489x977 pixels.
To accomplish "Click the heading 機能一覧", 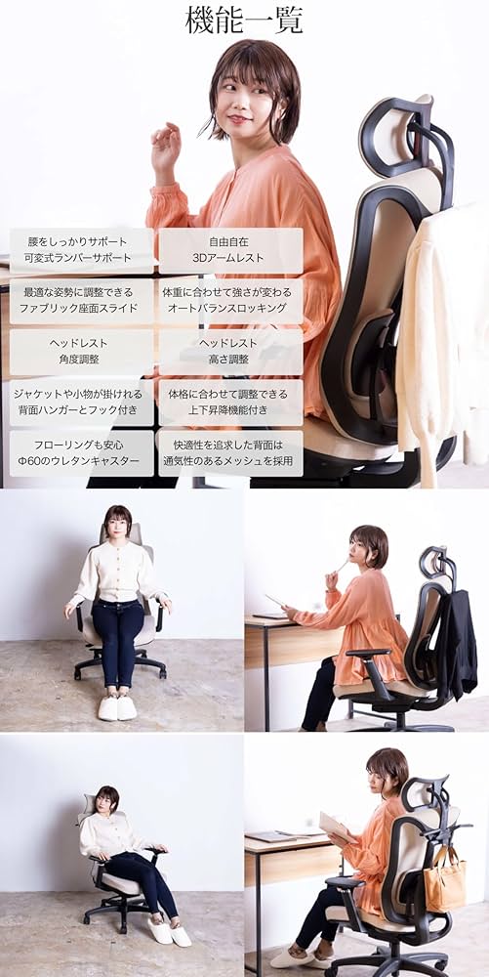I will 244,21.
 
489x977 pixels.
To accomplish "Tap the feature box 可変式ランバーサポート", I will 82,251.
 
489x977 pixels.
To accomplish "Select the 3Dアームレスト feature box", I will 230,251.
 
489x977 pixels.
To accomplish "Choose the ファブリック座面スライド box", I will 82,301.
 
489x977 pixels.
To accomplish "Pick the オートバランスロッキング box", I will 230,301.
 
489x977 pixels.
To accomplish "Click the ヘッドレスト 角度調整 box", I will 82,352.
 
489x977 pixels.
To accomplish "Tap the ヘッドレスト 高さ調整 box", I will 230,352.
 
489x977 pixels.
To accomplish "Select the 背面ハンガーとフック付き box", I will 82,403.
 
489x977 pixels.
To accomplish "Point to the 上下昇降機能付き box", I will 230,403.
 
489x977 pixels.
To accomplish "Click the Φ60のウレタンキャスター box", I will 82,453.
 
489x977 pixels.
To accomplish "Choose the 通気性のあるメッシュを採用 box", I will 230,453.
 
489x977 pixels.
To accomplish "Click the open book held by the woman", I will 337,827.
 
